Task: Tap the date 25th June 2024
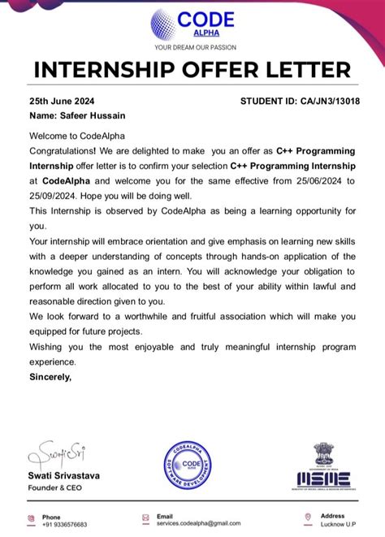click(61, 102)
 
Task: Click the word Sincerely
click(50, 377)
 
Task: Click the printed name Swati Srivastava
click(64, 475)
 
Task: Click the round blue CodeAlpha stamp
click(188, 466)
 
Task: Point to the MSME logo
click(322, 469)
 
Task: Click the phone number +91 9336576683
click(65, 524)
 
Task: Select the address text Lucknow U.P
click(339, 524)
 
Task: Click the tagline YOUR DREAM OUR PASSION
click(192, 46)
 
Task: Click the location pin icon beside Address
click(308, 518)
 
